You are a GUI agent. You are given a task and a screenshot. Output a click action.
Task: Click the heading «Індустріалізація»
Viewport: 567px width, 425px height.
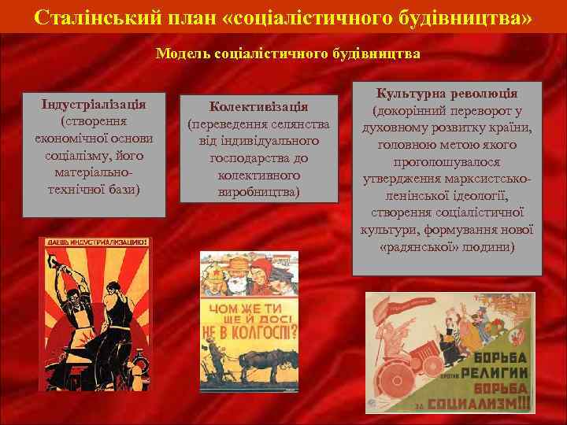pos(94,105)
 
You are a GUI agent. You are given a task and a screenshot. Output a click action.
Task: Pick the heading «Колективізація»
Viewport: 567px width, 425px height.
pos(258,106)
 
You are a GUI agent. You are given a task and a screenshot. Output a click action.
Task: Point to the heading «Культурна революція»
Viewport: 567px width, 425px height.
pos(447,93)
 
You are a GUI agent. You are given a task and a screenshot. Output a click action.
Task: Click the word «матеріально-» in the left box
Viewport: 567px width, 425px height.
pos(94,171)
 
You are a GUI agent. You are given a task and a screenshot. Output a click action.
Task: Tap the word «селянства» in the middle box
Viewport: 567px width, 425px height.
pos(295,124)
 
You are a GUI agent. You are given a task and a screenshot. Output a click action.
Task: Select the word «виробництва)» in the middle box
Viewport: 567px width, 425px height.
pos(258,192)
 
